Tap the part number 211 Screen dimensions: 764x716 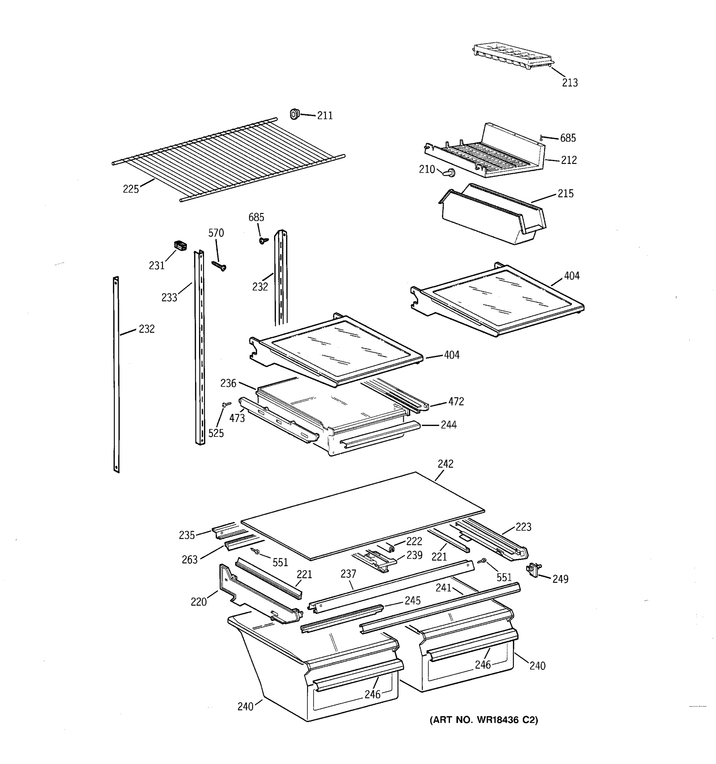coord(325,116)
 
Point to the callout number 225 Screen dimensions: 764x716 coord(130,189)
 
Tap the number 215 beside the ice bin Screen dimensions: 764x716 coord(565,194)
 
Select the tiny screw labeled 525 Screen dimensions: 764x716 coord(226,404)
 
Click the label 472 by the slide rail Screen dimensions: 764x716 coord(456,402)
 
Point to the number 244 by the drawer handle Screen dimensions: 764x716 coord(448,425)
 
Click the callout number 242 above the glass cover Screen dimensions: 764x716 coord(445,464)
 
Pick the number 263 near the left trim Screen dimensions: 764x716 coord(190,560)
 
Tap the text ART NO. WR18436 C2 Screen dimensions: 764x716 coord(484,720)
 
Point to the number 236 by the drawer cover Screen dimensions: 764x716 coord(228,383)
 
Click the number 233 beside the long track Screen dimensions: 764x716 coord(169,297)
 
